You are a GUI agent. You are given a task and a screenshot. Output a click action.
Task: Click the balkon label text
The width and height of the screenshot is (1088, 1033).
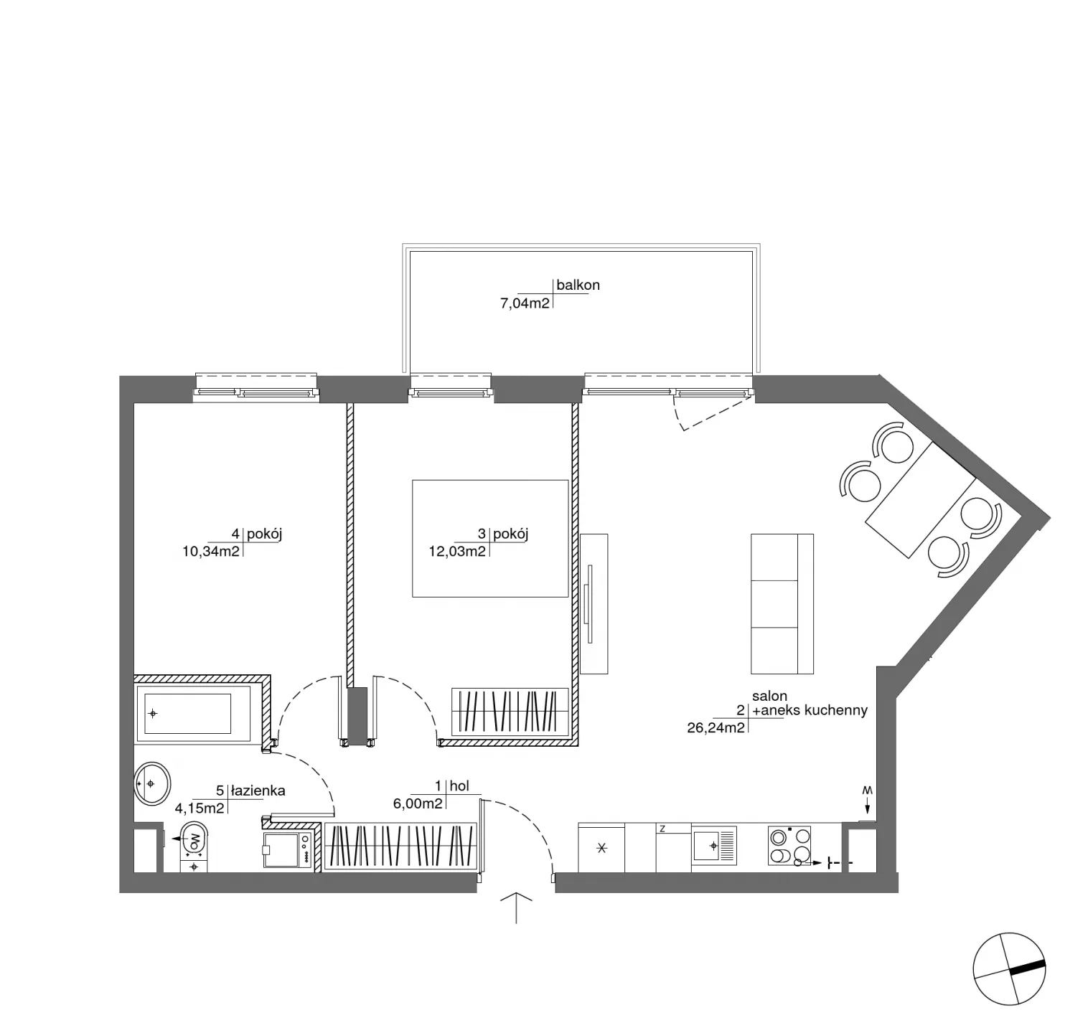(x=578, y=285)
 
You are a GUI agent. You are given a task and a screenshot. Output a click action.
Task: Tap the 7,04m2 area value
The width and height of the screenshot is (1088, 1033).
(x=525, y=303)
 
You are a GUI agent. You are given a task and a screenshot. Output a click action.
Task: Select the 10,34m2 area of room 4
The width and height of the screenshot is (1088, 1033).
(x=211, y=552)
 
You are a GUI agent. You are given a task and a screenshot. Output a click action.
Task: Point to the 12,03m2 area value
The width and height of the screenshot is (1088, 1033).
(x=457, y=552)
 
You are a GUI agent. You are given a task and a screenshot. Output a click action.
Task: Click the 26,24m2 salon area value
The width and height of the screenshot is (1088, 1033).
(x=716, y=726)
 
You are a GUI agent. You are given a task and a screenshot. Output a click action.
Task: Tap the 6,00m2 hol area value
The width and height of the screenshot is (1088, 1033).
(x=418, y=804)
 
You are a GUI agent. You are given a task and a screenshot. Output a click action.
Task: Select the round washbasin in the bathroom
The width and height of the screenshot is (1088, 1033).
(x=152, y=784)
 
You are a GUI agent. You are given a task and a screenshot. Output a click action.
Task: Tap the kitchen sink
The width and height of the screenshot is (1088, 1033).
(x=715, y=846)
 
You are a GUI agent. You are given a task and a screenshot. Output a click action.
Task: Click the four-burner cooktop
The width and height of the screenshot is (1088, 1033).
(x=789, y=846)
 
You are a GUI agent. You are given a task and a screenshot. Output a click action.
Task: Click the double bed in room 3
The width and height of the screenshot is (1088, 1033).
(x=490, y=539)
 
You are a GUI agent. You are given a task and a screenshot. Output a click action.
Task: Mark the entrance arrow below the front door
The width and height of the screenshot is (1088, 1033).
(x=516, y=907)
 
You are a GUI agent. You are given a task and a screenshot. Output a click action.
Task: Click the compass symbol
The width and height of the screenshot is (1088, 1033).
(x=1009, y=968)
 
